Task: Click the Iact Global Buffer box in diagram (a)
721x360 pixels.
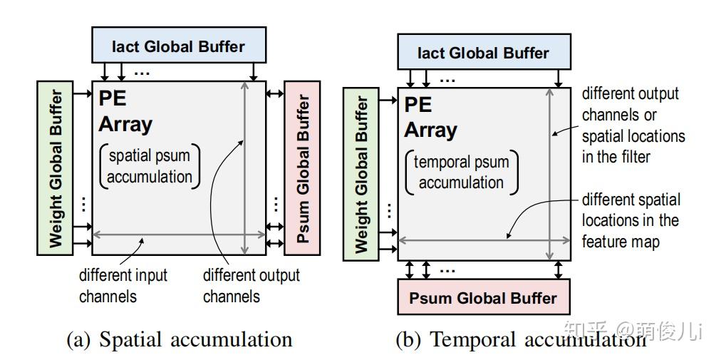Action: point(179,45)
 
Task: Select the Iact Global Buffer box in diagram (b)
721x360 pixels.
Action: point(484,51)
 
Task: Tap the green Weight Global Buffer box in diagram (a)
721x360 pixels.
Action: point(55,168)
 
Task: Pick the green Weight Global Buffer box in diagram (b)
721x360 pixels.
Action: point(361,175)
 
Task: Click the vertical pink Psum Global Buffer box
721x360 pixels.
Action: point(302,168)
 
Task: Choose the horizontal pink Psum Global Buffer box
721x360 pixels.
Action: point(484,297)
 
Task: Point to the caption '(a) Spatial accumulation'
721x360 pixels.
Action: point(180,340)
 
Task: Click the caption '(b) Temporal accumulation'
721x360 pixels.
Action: point(521,340)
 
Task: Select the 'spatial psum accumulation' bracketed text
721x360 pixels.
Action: point(150,166)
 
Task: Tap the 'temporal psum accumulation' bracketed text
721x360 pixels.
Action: point(461,173)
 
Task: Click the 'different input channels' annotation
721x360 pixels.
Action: point(123,286)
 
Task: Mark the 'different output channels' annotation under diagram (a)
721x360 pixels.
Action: point(251,286)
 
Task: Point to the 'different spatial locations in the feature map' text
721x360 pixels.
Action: point(631,220)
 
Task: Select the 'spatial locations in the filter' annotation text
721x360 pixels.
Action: point(633,147)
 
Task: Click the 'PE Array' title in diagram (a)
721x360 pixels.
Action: point(125,112)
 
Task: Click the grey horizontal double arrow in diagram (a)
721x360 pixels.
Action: point(180,235)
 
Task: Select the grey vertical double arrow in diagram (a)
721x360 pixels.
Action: point(244,168)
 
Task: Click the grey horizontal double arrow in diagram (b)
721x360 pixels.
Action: point(484,240)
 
